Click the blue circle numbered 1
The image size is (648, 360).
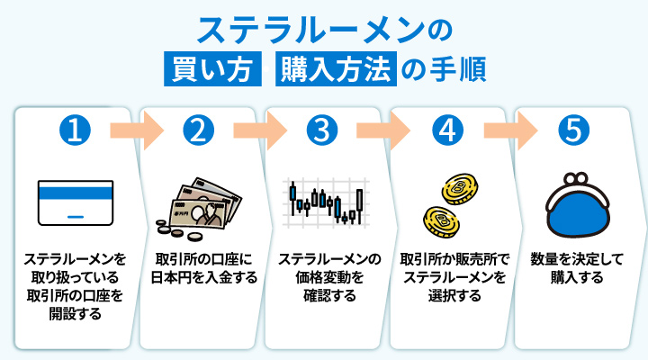76,130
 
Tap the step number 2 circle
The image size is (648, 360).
202,130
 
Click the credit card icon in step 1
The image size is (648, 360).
76,206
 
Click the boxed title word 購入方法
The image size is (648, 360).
338,69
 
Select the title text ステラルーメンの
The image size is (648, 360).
323,30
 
